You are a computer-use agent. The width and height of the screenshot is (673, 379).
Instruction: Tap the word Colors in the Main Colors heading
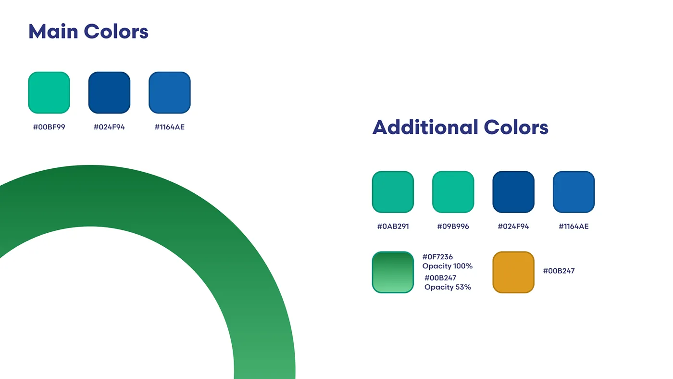(116, 31)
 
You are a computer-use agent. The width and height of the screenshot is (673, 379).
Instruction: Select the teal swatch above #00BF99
(49, 92)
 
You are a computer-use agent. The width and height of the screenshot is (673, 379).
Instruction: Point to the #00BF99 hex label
(49, 127)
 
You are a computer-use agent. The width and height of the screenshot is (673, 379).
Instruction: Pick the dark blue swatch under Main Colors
(110, 92)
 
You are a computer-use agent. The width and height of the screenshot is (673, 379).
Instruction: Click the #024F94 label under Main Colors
(110, 127)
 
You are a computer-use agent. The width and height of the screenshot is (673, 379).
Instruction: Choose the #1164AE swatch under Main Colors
(169, 92)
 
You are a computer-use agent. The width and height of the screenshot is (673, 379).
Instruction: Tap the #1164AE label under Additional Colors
(573, 227)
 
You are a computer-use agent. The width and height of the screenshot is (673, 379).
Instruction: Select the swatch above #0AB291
(393, 192)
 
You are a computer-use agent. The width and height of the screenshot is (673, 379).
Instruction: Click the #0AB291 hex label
(393, 227)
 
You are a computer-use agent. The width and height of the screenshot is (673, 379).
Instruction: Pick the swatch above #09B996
(453, 192)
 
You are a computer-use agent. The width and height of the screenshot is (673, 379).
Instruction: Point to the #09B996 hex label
(453, 227)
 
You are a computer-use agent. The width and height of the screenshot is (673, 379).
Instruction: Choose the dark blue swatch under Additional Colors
(513, 192)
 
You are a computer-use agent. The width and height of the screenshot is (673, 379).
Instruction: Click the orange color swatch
(513, 272)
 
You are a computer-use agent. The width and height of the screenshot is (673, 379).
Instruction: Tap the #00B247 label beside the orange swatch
(559, 271)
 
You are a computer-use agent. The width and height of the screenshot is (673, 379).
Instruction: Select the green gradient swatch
(393, 272)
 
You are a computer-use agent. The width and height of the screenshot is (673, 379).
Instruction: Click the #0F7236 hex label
(437, 257)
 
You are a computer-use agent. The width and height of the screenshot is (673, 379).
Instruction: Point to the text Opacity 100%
(448, 266)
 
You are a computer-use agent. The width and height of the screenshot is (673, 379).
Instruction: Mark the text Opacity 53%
(448, 287)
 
